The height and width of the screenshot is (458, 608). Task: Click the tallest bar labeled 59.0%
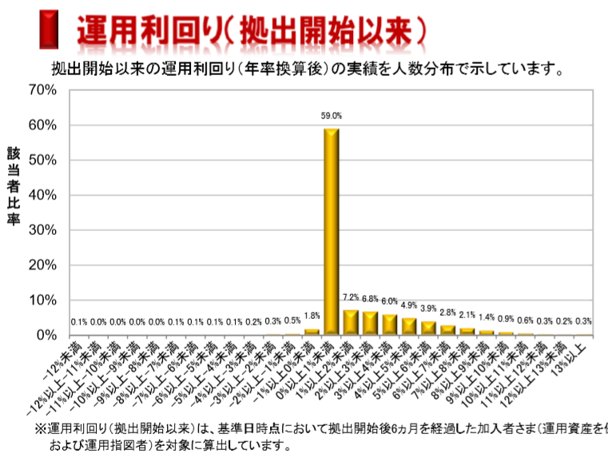point(331,232)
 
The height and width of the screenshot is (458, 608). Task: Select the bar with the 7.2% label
point(351,322)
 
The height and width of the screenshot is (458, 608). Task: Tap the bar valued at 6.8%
point(370,323)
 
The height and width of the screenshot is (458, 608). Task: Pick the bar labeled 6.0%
point(389,325)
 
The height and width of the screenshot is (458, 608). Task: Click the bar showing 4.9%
point(409,326)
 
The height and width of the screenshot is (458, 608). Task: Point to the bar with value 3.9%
point(428,328)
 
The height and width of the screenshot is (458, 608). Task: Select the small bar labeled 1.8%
point(312,331)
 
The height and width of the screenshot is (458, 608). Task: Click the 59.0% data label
point(331,116)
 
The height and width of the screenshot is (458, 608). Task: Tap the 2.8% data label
point(447,313)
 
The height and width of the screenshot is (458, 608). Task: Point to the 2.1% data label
point(467,315)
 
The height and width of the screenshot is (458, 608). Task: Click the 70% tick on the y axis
point(42,90)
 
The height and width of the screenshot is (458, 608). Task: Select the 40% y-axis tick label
point(42,195)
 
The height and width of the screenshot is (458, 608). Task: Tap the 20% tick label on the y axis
point(42,265)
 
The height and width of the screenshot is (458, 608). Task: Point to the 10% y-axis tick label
point(42,300)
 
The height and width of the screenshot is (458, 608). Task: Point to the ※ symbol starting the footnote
point(40,429)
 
